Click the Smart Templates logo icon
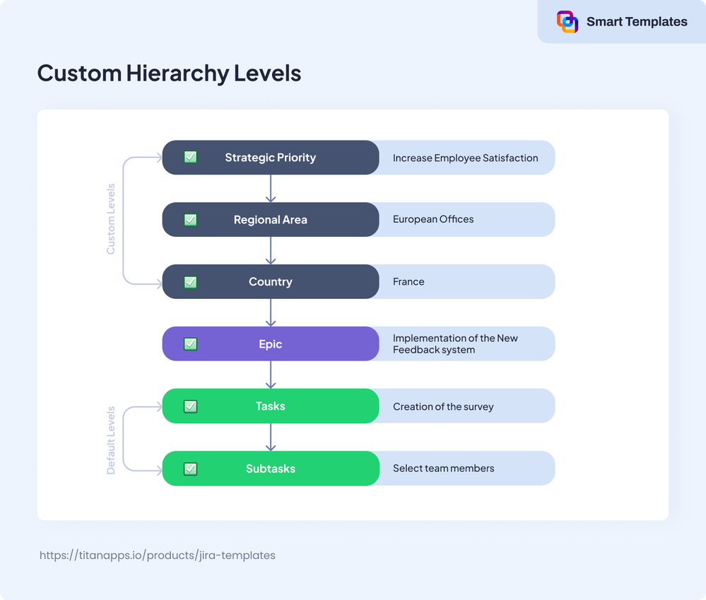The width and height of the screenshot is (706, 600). tap(567, 22)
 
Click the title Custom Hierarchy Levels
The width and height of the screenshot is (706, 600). tap(169, 73)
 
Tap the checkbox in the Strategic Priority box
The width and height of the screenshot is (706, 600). tap(190, 158)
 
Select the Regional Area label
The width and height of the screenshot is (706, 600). tap(270, 220)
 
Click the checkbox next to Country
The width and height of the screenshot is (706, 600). tap(190, 282)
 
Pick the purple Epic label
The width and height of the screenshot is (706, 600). tap(270, 344)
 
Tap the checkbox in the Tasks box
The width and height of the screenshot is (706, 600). tap(190, 406)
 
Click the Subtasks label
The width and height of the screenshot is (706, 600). tap(270, 469)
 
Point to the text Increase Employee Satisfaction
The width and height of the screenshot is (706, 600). tap(465, 158)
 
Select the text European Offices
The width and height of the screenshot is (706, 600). tap(433, 220)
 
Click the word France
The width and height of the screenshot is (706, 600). tap(408, 282)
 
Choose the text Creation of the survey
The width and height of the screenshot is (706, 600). tap(443, 406)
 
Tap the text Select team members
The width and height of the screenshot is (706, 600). tap(443, 469)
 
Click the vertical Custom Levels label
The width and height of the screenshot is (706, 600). tap(111, 219)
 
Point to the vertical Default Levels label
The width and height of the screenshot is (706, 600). tap(111, 440)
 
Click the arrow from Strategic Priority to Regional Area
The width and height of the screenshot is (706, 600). tap(271, 189)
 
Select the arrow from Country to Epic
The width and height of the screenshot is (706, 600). tap(271, 313)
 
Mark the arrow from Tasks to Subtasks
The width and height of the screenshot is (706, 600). tap(271, 437)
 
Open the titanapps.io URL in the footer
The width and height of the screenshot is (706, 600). tap(158, 555)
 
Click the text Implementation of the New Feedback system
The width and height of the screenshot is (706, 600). tap(455, 344)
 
